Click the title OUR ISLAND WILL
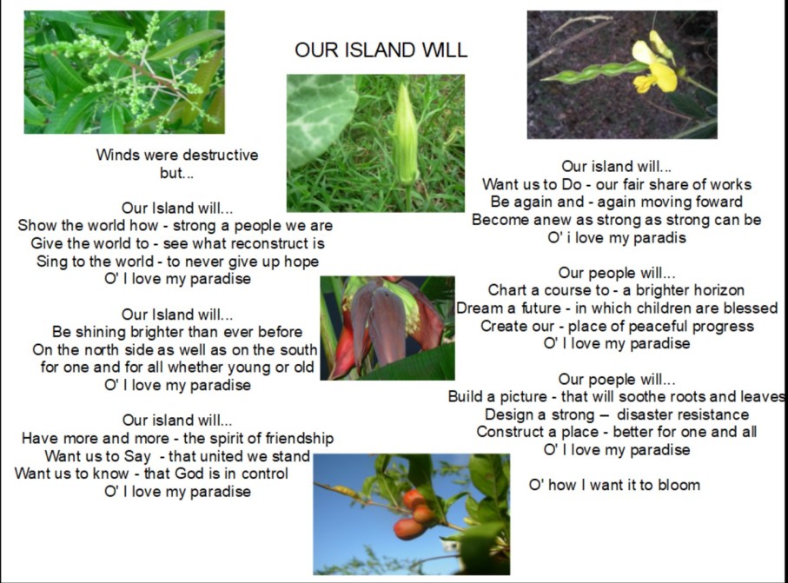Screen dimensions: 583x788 point(381,50)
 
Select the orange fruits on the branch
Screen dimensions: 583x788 point(414,513)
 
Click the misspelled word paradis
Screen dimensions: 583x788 point(657,238)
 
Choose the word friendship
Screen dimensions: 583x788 point(291,439)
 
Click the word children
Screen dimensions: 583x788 point(663,308)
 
